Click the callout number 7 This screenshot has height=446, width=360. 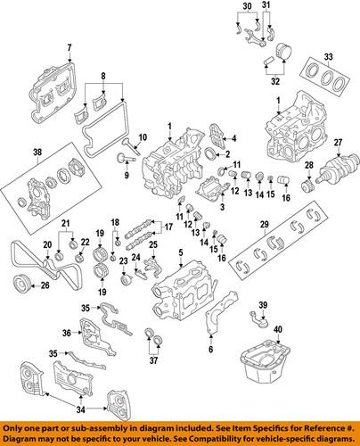click(x=66, y=45)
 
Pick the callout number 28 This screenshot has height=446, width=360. click(x=308, y=166)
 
